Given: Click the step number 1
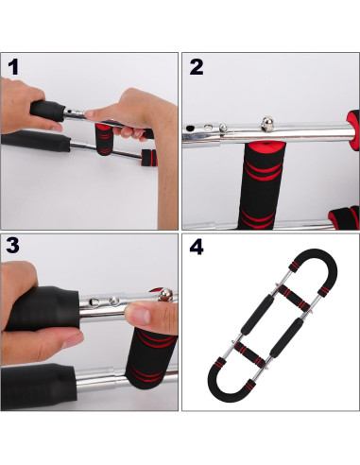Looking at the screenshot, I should pos(14,68).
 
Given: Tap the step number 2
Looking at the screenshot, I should pos(197,67).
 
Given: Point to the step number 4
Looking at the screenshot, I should pos(197,249).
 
